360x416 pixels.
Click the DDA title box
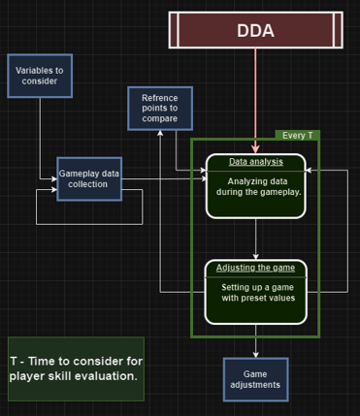[255, 30]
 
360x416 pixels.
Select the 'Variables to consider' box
[40, 75]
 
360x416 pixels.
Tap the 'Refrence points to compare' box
[160, 108]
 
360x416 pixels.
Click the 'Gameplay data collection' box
[89, 178]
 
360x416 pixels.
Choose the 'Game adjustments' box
[256, 378]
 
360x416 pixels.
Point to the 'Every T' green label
[297, 135]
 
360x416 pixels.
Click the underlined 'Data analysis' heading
[256, 162]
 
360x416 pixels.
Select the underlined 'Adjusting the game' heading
[256, 268]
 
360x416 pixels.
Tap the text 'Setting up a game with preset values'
[256, 293]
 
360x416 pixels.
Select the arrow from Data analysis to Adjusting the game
[256, 239]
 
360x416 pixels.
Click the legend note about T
[76, 368]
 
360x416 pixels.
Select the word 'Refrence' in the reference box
[160, 98]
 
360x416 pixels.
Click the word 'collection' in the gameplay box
[89, 184]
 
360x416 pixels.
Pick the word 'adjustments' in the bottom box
[256, 384]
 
